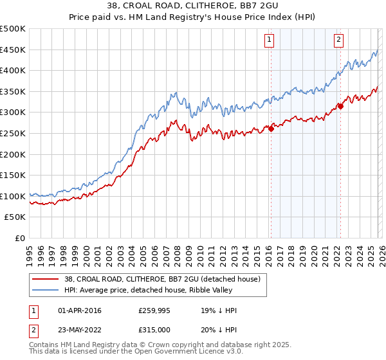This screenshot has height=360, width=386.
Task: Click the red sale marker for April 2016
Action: [x=271, y=129]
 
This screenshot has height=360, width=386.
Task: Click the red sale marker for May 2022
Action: [x=340, y=106]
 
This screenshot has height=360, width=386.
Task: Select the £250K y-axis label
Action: [x=13, y=133]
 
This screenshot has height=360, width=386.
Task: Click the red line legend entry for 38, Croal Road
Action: [x=160, y=279]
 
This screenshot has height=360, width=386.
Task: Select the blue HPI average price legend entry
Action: [x=161, y=290]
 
